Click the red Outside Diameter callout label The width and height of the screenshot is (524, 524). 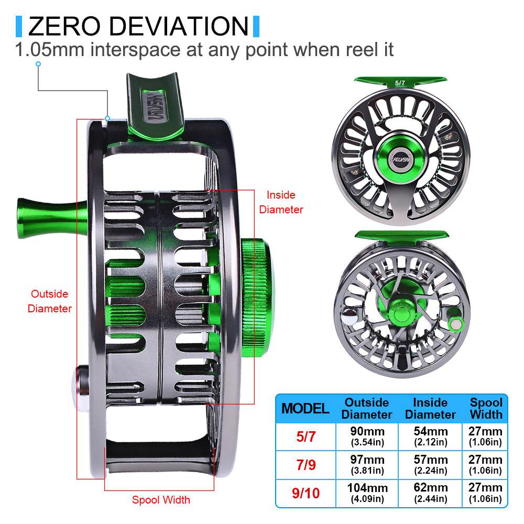[x=49, y=301]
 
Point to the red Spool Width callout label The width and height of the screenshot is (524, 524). [x=161, y=499]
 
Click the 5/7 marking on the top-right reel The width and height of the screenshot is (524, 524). [x=400, y=83]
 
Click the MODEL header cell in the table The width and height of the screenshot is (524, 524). [x=305, y=409]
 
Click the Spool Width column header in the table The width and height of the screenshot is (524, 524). [x=486, y=409]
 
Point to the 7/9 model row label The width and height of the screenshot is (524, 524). [x=305, y=465]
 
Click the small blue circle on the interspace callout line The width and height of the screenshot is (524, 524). [x=38, y=64]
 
